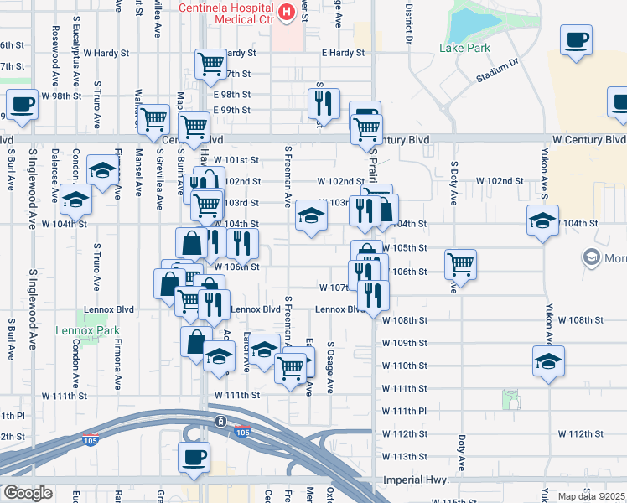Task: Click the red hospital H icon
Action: pyautogui.click(x=287, y=12)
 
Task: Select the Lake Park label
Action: pyautogui.click(x=464, y=48)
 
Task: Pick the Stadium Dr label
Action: pyautogui.click(x=497, y=70)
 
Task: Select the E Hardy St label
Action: pyautogui.click(x=344, y=53)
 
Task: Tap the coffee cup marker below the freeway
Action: pyautogui.click(x=194, y=457)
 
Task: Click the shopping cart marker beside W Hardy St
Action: pyautogui.click(x=210, y=63)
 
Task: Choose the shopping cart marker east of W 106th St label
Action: pyautogui.click(x=460, y=264)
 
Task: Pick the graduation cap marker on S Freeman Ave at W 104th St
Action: pyautogui.click(x=310, y=217)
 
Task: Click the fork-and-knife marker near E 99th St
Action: pyautogui.click(x=323, y=103)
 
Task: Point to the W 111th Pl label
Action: pyautogui.click(x=405, y=411)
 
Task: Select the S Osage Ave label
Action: pyautogui.click(x=331, y=367)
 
